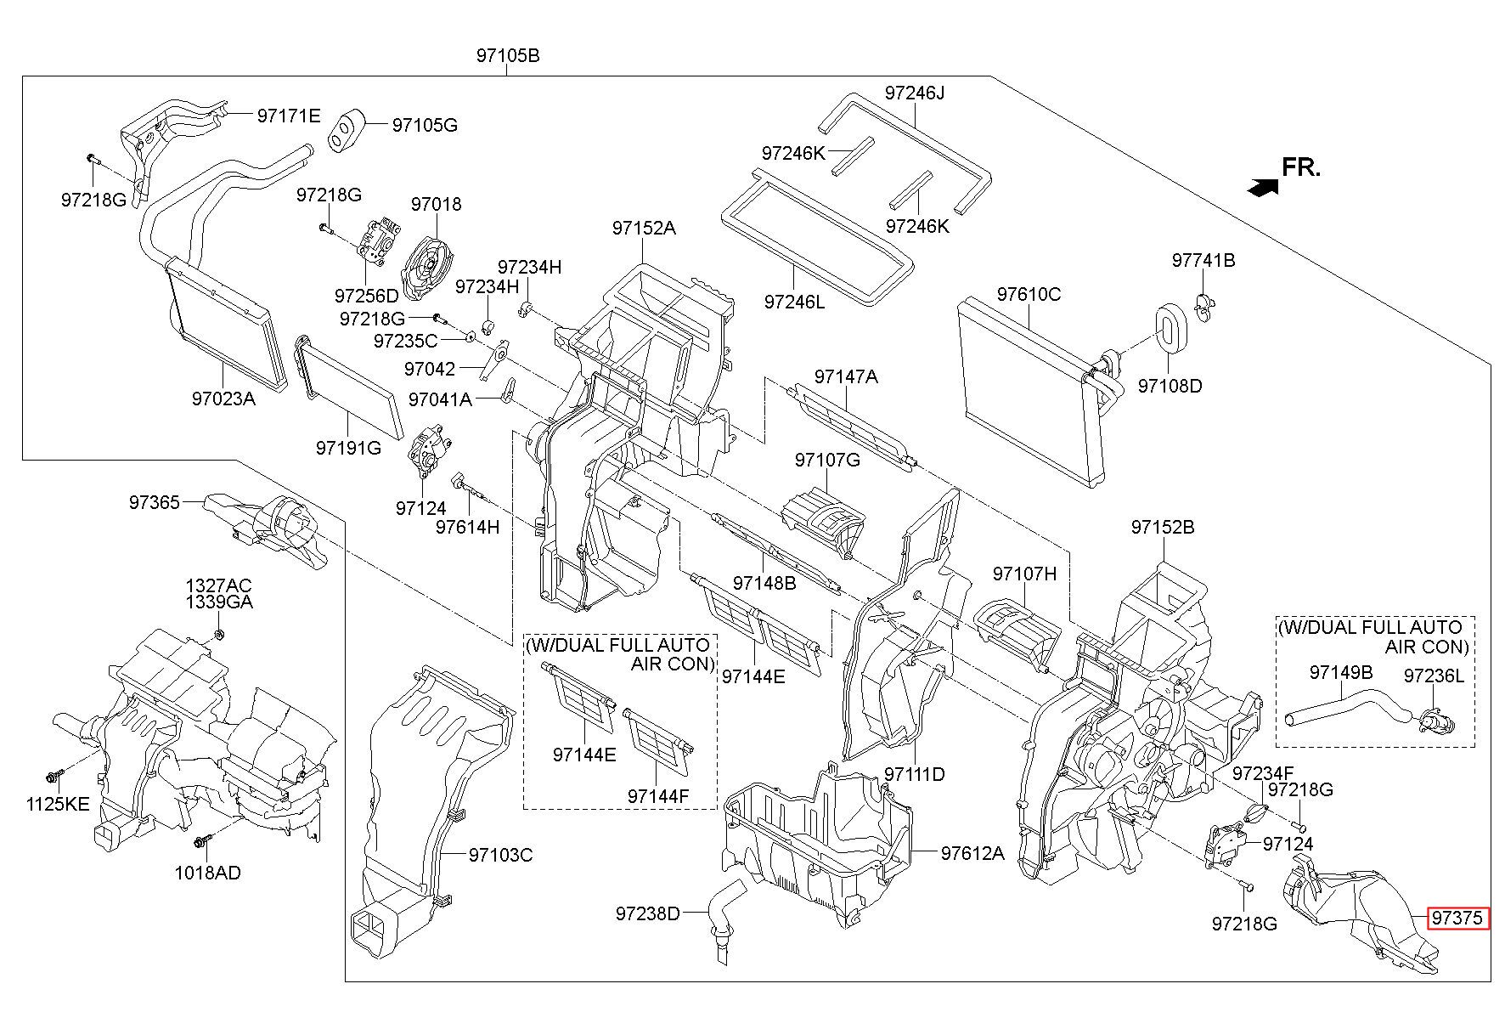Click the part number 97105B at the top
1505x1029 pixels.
(507, 56)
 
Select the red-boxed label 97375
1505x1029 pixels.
(1457, 919)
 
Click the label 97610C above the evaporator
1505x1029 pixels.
(1029, 295)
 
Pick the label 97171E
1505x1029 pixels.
(289, 116)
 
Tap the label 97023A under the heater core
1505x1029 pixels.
(223, 398)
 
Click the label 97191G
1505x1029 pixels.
(348, 447)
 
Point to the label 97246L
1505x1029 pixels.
(794, 302)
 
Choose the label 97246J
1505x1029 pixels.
(914, 93)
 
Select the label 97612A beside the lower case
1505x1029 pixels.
(972, 853)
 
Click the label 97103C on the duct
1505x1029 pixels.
(500, 855)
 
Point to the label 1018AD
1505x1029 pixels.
(207, 873)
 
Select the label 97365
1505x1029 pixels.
(155, 502)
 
